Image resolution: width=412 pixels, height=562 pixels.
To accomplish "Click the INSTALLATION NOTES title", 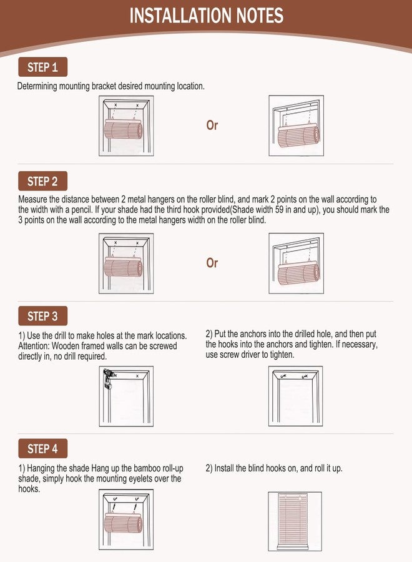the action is (207, 16).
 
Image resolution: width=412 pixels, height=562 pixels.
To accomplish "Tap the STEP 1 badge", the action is (42, 67).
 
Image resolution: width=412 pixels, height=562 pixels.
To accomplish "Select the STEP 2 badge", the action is (42, 181).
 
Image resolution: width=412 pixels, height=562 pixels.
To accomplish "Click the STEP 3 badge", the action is (42, 316).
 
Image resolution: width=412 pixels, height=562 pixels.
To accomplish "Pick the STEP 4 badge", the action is (42, 448).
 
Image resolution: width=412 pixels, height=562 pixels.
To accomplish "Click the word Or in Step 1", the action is (212, 125).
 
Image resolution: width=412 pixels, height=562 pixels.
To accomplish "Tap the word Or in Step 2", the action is (212, 263).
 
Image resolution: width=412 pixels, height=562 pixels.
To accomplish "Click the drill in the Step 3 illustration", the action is (107, 379).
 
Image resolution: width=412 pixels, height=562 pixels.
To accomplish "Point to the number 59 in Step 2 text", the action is (280, 209).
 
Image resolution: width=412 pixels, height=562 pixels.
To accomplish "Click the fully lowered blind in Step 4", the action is (293, 521).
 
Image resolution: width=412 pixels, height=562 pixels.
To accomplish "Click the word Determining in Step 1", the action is (37, 86).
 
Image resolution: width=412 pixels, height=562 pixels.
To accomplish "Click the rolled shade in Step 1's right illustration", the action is (298, 135).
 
